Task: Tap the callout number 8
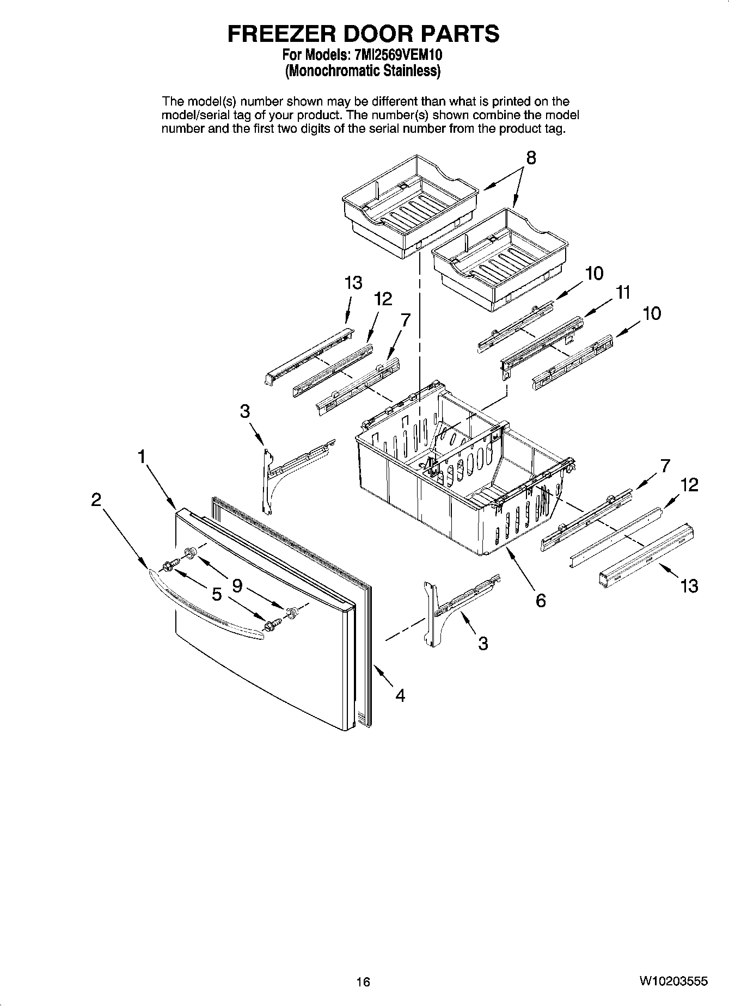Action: (530, 158)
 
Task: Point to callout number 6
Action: (540, 601)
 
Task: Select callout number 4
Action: (400, 695)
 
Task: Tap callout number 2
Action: (96, 499)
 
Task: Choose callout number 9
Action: (237, 585)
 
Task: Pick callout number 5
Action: (217, 595)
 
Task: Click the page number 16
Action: (363, 982)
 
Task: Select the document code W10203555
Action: (673, 982)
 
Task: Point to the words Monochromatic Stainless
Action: (363, 71)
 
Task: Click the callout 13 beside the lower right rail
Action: (689, 586)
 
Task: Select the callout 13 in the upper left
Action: (353, 283)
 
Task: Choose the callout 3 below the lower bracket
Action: (483, 644)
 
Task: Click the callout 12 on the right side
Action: (689, 485)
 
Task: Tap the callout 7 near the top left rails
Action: (405, 320)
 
